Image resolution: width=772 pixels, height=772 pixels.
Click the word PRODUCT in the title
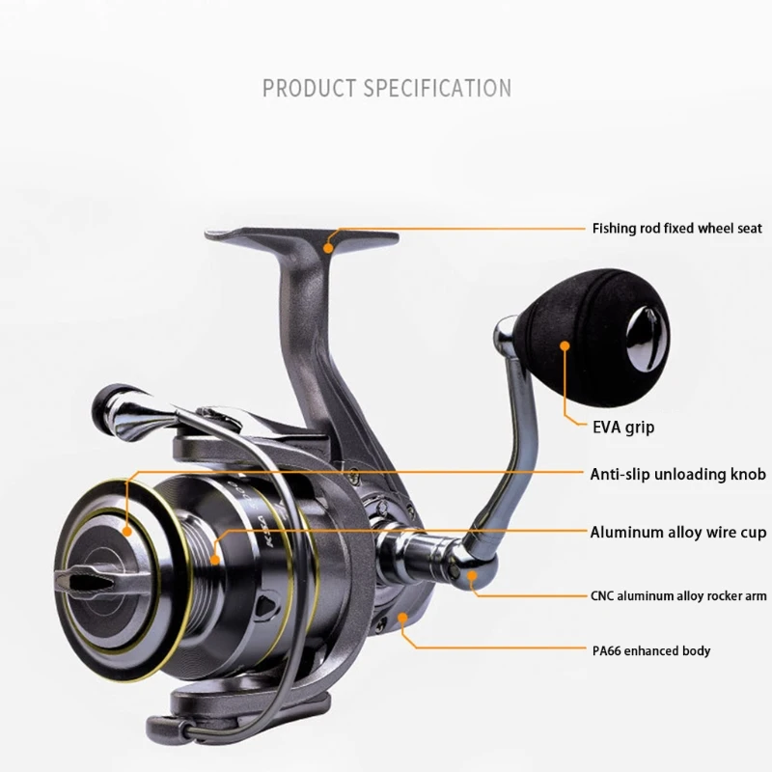pyautogui.click(x=310, y=89)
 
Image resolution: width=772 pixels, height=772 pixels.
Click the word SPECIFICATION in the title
pyautogui.click(x=437, y=89)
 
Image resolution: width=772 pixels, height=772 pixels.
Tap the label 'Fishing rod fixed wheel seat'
pyautogui.click(x=677, y=229)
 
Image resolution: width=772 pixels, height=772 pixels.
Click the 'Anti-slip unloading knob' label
pyautogui.click(x=677, y=474)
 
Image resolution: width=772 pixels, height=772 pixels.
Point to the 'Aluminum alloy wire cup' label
pyautogui.click(x=677, y=531)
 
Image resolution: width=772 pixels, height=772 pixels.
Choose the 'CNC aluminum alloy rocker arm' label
pyautogui.click(x=677, y=596)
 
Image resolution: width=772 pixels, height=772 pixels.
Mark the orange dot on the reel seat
pyautogui.click(x=329, y=247)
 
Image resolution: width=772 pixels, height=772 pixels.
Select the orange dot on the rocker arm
pyautogui.click(x=472, y=576)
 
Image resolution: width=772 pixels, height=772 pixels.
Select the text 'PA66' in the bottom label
pyautogui.click(x=607, y=650)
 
